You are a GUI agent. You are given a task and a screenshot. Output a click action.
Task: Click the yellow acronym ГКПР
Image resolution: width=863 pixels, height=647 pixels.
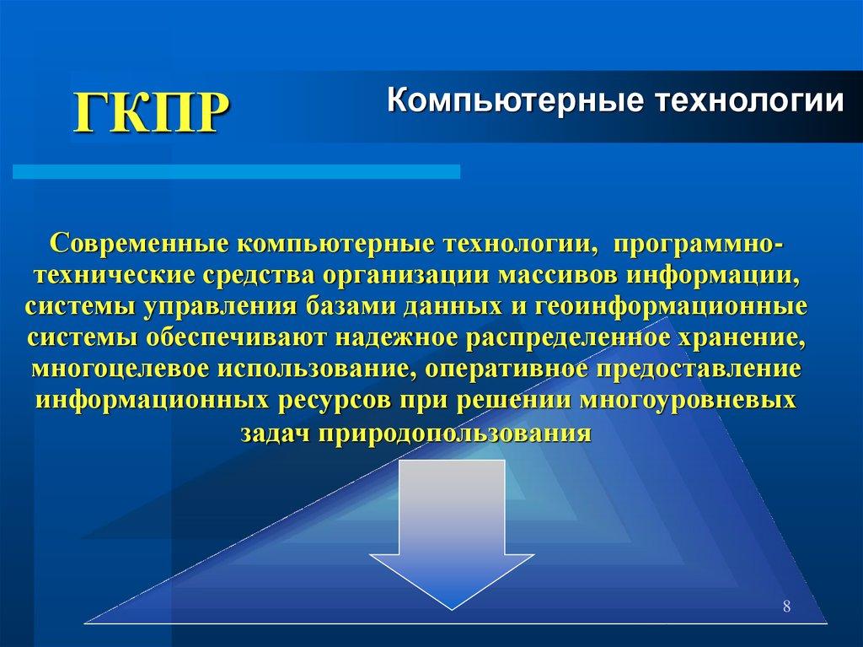click(152, 112)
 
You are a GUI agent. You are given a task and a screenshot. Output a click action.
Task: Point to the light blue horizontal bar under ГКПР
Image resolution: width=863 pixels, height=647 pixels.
click(236, 172)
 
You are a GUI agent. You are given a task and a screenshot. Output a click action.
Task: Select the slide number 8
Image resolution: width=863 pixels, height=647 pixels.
click(786, 607)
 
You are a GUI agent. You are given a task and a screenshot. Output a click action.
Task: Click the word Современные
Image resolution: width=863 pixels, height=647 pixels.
click(137, 244)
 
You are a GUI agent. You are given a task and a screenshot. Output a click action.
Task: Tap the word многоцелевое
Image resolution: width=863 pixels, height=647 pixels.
click(121, 369)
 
